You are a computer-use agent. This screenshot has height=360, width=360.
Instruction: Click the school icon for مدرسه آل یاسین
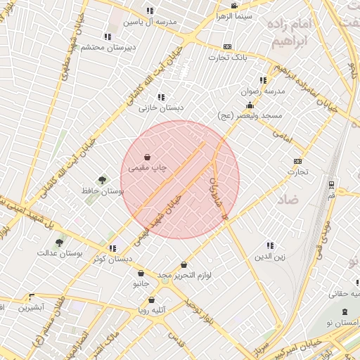coord(149,11)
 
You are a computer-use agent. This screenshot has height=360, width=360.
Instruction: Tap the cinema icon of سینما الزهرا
coord(234,6)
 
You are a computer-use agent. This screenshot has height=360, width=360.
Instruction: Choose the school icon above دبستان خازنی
coord(161,97)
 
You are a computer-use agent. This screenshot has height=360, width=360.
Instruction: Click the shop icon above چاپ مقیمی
coord(147,157)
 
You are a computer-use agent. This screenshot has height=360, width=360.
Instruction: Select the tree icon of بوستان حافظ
coord(103,180)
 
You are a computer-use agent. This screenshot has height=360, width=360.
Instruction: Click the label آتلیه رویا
coord(152,310)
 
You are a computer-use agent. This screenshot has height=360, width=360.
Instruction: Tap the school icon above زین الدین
coord(270,245)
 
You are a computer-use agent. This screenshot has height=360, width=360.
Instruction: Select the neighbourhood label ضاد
coord(288,200)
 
